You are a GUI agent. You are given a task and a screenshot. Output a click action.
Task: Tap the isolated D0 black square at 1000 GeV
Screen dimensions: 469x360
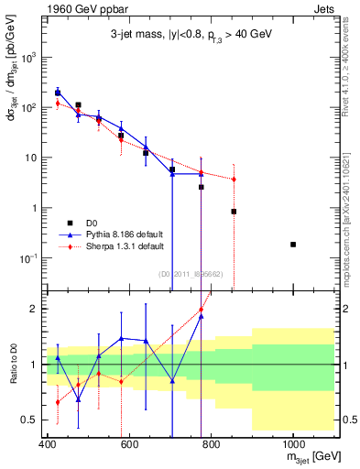[293, 245]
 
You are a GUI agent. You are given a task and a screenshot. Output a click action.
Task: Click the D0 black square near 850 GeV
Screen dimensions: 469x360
[235, 212]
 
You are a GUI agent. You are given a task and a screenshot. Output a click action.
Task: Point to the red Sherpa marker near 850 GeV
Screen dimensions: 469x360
[235, 180]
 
